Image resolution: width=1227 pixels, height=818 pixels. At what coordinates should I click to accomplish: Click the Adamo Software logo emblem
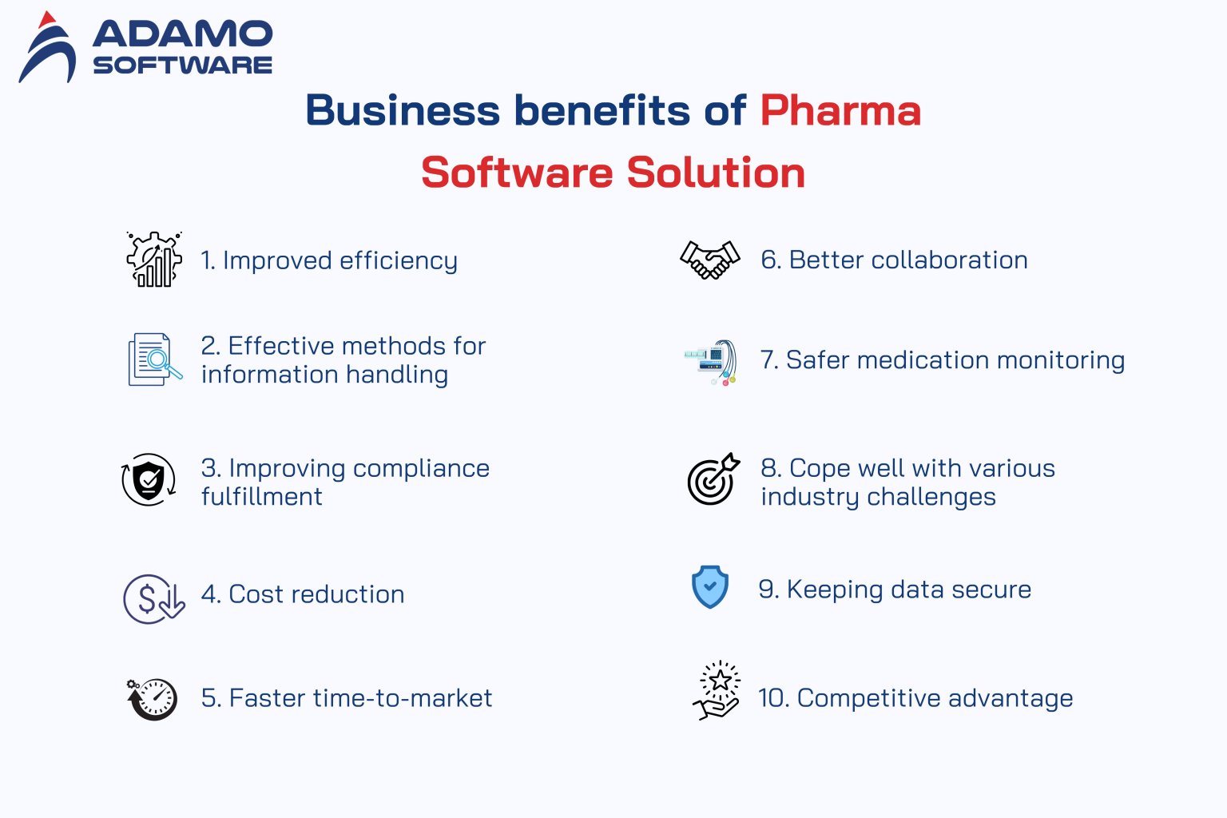[48, 50]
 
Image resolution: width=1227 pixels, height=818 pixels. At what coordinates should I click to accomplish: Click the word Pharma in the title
[840, 110]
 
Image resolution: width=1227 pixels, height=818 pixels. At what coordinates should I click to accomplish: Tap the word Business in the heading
[402, 110]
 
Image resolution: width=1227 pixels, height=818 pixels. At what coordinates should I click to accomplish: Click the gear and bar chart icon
[154, 260]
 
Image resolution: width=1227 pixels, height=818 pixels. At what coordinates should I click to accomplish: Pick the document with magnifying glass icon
[154, 360]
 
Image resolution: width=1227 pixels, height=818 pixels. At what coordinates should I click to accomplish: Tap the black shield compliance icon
[149, 480]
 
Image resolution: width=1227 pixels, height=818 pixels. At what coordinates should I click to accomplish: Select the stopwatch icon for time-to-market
[153, 699]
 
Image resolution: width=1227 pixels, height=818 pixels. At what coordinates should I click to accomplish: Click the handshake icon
[709, 260]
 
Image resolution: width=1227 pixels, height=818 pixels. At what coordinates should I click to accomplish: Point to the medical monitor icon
[711, 362]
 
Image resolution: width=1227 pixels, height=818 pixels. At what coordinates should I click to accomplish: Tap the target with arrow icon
[713, 479]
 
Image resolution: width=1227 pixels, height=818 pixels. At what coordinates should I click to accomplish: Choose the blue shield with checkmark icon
[709, 587]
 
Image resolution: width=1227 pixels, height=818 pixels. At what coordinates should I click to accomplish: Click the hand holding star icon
[716, 691]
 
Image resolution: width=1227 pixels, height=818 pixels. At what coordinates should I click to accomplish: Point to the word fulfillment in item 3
[262, 497]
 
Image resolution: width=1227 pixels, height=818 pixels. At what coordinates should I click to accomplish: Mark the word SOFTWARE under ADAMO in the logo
[182, 66]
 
